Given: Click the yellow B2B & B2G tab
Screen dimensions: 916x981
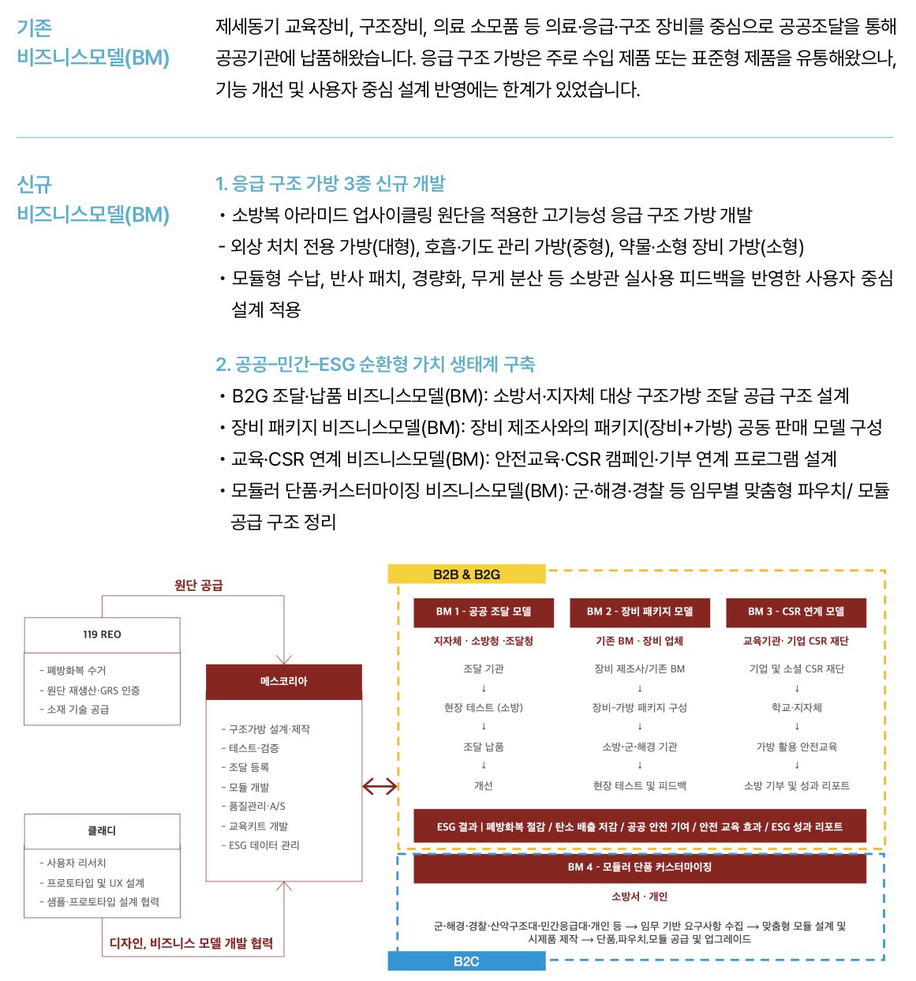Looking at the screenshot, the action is point(466,574).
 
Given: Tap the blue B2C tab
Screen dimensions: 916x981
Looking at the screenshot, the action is point(466,961).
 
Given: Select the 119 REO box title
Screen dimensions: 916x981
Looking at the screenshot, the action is point(103,635).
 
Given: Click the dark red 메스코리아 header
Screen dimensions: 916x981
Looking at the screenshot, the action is point(284,682).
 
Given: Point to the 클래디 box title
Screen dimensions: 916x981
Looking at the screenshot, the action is point(103,831).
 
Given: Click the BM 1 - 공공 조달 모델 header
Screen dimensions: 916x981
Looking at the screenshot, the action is point(484,612).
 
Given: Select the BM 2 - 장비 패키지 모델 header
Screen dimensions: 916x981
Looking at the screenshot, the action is point(640,612).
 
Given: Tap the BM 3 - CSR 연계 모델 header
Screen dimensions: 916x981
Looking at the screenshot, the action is point(795,612).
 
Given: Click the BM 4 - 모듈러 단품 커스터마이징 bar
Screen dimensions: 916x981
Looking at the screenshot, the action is point(640,867).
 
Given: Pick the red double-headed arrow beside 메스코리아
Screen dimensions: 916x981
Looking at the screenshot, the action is point(379,786).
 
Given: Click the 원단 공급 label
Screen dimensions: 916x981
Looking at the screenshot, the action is point(199,586).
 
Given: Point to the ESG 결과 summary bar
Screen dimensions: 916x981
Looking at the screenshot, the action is point(640,827).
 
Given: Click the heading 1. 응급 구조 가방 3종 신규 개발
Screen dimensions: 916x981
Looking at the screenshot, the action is point(331,184).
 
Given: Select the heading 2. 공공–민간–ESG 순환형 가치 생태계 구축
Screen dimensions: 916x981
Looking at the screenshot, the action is point(376,365).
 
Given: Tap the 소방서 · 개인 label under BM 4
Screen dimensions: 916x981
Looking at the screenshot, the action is point(640,897).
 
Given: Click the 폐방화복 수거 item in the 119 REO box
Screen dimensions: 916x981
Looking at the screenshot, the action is point(73,670).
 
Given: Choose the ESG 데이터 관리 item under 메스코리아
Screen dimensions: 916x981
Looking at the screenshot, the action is point(260,846).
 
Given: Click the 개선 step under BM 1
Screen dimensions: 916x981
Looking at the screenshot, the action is point(484,786).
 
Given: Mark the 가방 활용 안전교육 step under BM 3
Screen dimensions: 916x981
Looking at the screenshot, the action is point(797,747).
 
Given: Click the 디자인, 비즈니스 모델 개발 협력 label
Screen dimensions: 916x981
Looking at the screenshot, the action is point(191,943).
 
